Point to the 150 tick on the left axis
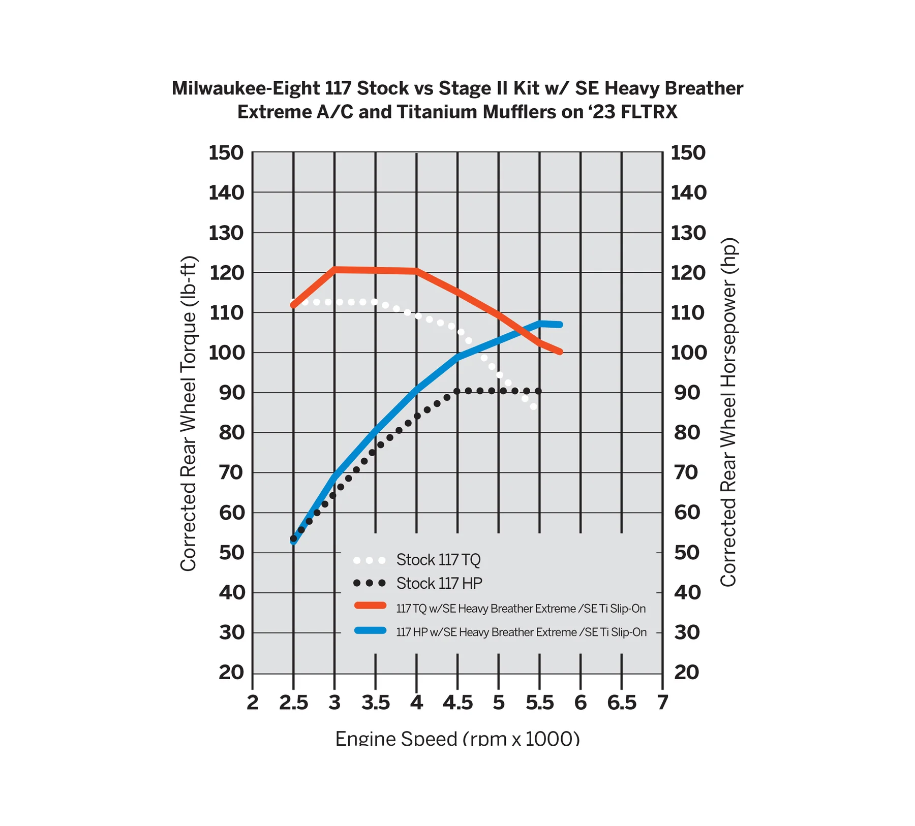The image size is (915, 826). click(x=226, y=153)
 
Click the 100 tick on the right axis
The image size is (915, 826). click(x=688, y=353)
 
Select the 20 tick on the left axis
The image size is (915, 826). click(x=231, y=673)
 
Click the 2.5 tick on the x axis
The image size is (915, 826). click(x=293, y=703)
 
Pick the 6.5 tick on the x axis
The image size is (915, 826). click(x=621, y=703)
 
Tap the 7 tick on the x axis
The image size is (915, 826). click(x=662, y=703)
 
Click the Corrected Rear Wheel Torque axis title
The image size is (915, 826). click(x=189, y=413)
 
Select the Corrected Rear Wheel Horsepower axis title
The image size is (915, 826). click(x=728, y=412)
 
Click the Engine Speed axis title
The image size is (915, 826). click(x=457, y=738)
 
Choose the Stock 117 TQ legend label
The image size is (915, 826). click(x=438, y=560)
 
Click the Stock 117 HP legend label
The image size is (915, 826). click(x=439, y=583)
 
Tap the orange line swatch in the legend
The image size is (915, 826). click(x=370, y=606)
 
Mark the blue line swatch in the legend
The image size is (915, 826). click(x=370, y=631)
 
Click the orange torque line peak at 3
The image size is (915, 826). click(x=334, y=269)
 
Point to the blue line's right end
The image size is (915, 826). click(x=560, y=325)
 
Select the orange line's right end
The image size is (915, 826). click(x=560, y=352)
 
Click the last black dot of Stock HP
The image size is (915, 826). click(x=538, y=391)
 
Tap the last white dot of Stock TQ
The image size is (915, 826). click(x=533, y=406)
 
